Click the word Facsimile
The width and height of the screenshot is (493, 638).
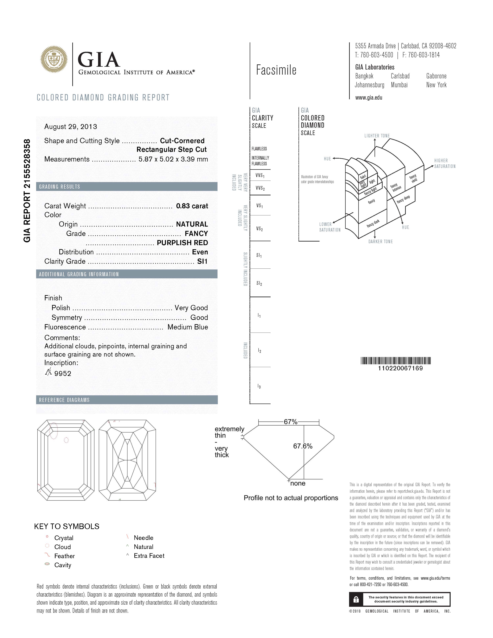coord(276,70)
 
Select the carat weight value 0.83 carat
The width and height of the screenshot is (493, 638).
coord(192,206)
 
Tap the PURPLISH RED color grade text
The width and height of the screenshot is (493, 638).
coord(182,243)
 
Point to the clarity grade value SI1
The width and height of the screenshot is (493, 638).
coord(202,261)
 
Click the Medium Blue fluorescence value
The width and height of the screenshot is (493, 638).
coord(187,327)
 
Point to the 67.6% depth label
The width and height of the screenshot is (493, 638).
coord(303,446)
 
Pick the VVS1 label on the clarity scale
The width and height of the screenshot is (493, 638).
coord(260,176)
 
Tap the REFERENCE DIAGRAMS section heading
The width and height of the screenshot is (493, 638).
coord(64,400)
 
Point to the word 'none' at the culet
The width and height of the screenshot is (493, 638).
coord(298,483)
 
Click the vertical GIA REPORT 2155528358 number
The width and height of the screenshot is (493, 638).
coord(27,191)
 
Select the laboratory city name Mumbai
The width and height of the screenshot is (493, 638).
coord(399,85)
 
